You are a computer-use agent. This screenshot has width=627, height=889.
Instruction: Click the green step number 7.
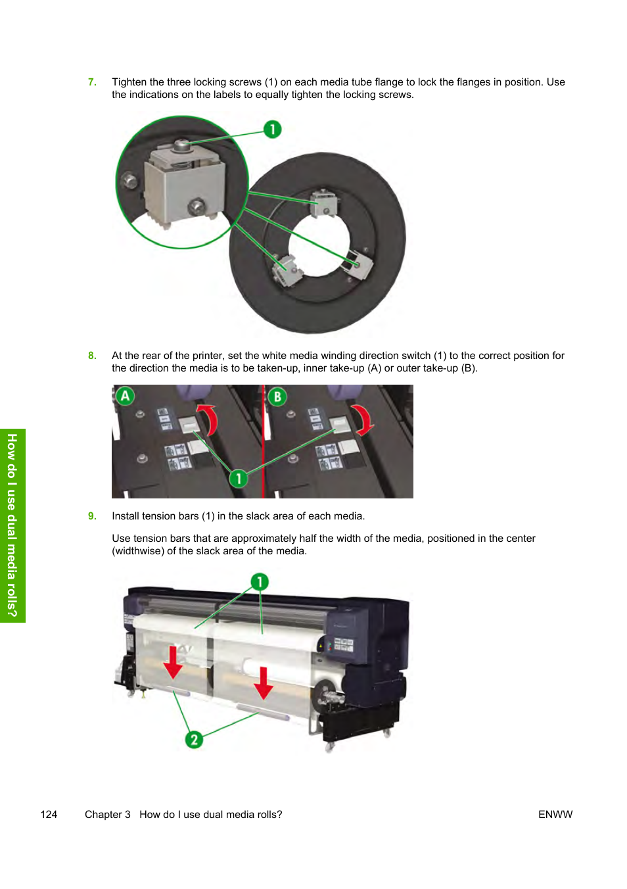(x=92, y=82)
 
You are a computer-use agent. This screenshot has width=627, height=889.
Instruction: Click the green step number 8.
(x=92, y=356)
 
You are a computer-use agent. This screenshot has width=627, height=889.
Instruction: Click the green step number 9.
(x=92, y=516)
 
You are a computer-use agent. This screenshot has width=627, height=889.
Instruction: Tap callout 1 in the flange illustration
(x=272, y=130)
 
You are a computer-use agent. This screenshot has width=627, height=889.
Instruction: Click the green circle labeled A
(x=125, y=396)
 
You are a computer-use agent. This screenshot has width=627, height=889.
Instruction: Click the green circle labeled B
(x=277, y=396)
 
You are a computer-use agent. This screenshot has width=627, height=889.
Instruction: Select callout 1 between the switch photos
(x=239, y=478)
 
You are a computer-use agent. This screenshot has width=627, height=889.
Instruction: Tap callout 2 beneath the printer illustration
(x=194, y=740)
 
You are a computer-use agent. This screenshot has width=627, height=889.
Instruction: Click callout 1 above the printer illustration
(x=260, y=582)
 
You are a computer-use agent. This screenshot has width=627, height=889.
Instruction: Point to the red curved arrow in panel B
(x=361, y=420)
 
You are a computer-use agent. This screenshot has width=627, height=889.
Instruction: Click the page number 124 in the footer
(x=49, y=815)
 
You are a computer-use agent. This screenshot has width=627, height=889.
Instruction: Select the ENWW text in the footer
(x=555, y=815)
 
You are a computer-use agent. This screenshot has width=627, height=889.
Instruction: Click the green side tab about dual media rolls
(x=12, y=525)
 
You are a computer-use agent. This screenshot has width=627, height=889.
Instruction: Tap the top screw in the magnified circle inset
(x=183, y=143)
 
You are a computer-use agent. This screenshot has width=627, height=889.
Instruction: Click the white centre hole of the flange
(x=319, y=245)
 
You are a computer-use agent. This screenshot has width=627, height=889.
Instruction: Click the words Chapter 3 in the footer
(x=108, y=815)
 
